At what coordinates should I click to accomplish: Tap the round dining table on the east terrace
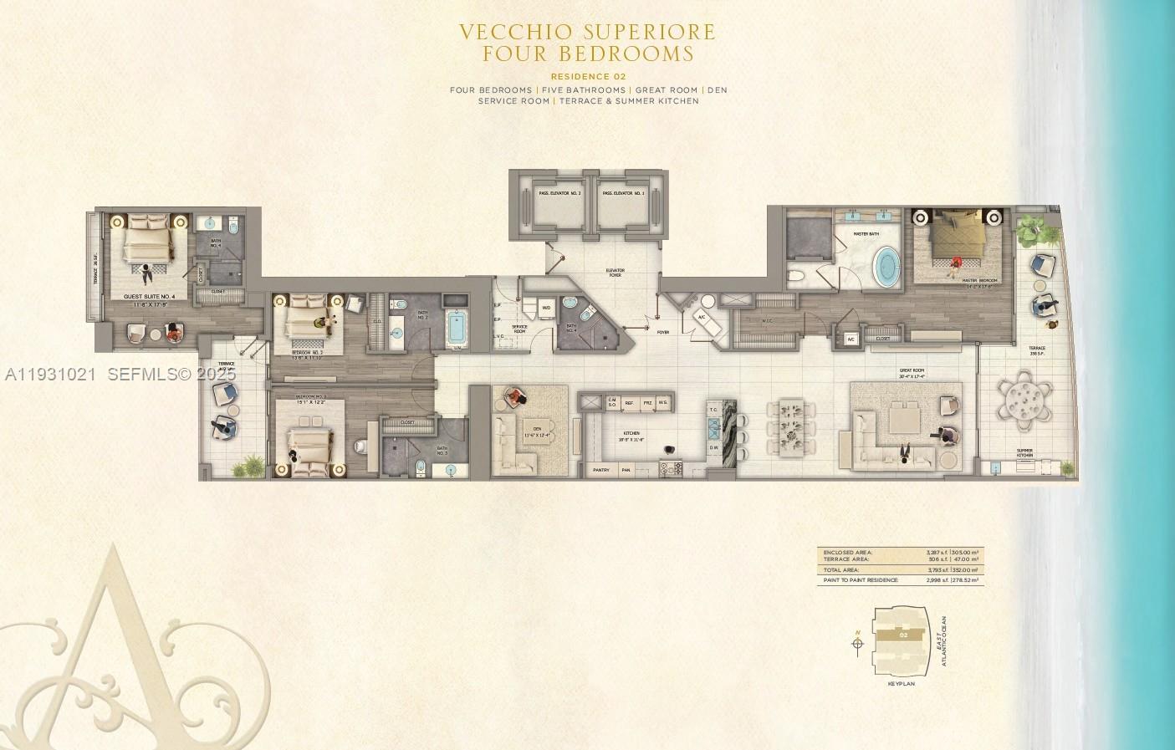tap(1025, 401)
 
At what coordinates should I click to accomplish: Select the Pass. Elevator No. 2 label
tap(560, 194)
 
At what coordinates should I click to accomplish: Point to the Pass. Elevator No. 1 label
tap(623, 194)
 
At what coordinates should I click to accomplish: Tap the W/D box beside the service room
tap(546, 307)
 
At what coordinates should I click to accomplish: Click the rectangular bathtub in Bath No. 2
tap(457, 328)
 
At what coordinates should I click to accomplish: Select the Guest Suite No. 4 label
tap(146, 296)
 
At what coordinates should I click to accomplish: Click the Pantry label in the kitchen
tap(600, 471)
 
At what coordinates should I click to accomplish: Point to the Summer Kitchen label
tap(1024, 453)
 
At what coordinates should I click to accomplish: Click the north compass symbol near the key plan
tap(857, 643)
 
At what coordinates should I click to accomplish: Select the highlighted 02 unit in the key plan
tap(902, 635)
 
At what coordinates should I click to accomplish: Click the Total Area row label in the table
tap(840, 569)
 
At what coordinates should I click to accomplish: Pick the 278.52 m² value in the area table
tap(966, 579)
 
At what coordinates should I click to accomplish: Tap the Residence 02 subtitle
tap(589, 77)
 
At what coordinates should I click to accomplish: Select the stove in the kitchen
tap(670, 470)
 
